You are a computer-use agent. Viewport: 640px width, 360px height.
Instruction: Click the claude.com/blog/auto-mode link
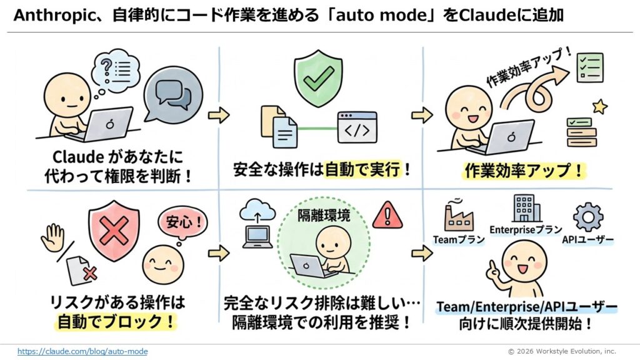[82, 351]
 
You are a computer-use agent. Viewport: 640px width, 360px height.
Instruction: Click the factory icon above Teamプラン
[457, 216]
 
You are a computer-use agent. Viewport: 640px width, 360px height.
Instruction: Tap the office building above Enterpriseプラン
[524, 209]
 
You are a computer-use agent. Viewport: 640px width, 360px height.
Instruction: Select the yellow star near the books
[599, 107]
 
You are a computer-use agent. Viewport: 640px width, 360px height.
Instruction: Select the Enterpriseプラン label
[526, 230]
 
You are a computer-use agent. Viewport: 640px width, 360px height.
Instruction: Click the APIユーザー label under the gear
[587, 239]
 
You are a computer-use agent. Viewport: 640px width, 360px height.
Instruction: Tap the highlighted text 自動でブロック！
[116, 322]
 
